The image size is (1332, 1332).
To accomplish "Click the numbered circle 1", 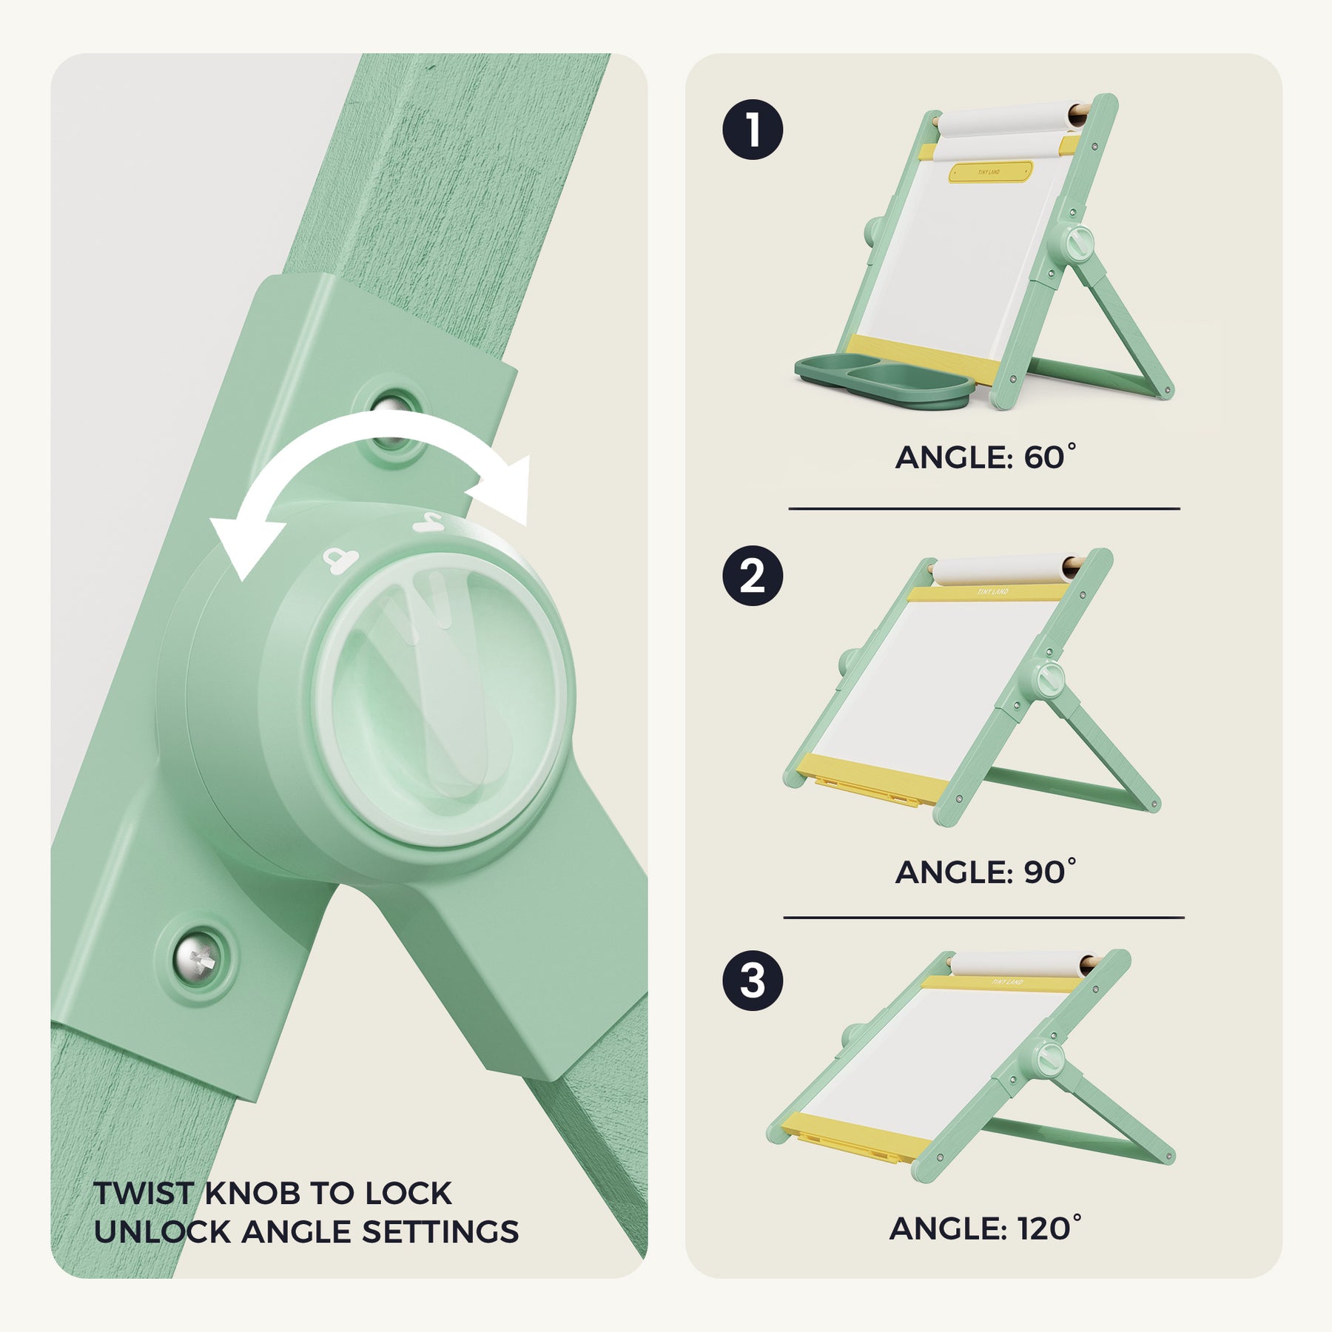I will pos(753,129).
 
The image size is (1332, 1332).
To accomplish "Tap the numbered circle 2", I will pos(753,576).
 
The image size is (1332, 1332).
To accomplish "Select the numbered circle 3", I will pos(753,980).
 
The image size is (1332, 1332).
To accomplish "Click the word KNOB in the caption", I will pos(252,1193).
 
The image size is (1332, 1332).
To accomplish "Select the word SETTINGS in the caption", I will pos(440,1232).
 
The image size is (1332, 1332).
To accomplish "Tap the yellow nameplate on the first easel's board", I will pos(990,172).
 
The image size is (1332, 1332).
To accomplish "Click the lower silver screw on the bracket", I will pos(196,960).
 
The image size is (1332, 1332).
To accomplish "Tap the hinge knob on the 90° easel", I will pos(1048,679).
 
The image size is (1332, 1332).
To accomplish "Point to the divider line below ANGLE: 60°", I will pos(984,509).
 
